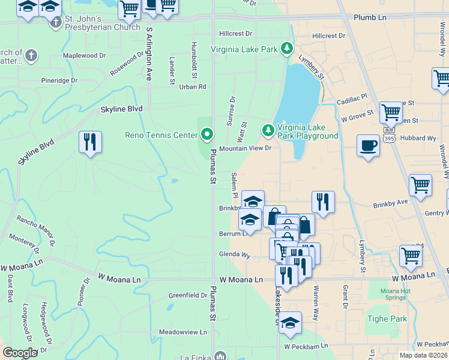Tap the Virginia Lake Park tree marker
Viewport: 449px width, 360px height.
point(288,47)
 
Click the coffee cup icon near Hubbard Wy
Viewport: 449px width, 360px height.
point(368,145)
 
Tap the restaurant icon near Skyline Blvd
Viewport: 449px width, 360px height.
point(90,142)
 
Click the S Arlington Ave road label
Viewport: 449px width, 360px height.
point(148,54)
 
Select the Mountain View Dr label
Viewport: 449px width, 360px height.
point(246,148)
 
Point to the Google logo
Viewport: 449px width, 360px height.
point(20,353)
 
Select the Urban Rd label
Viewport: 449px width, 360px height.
point(192,86)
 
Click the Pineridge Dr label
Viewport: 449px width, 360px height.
point(59,80)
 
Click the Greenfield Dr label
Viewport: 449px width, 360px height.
point(188,295)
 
